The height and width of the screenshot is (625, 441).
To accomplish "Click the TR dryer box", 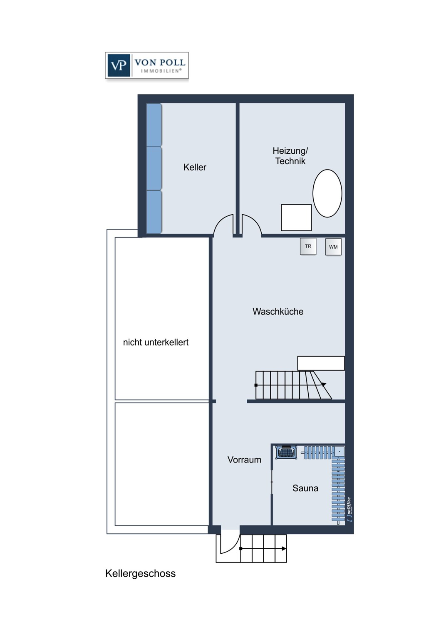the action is pyautogui.click(x=308, y=246).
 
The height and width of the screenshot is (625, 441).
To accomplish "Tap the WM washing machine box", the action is pyautogui.click(x=333, y=247).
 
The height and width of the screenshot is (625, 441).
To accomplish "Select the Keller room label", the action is pyautogui.click(x=195, y=167).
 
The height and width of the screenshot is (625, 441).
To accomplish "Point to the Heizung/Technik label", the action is pyautogui.click(x=290, y=156).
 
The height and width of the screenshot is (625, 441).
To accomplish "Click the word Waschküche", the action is pyautogui.click(x=278, y=311).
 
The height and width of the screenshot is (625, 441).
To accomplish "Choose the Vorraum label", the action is pyautogui.click(x=244, y=460).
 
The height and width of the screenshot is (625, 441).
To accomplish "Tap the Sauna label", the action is pyautogui.click(x=305, y=488).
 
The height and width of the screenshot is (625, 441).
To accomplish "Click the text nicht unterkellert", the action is pyautogui.click(x=156, y=342).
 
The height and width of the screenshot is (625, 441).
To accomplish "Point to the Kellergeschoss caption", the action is pyautogui.click(x=140, y=573).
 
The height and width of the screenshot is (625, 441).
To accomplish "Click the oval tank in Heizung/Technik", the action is pyautogui.click(x=327, y=193).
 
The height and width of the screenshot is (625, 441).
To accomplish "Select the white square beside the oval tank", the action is pyautogui.click(x=296, y=217).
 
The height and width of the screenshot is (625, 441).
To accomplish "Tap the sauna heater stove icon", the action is pyautogui.click(x=286, y=452).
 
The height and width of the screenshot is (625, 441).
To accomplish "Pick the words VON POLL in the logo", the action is pyautogui.click(x=160, y=62).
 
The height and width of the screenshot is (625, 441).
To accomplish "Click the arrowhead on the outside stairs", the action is pyautogui.click(x=284, y=549).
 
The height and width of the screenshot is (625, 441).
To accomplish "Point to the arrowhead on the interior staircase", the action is pyautogui.click(x=324, y=384).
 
